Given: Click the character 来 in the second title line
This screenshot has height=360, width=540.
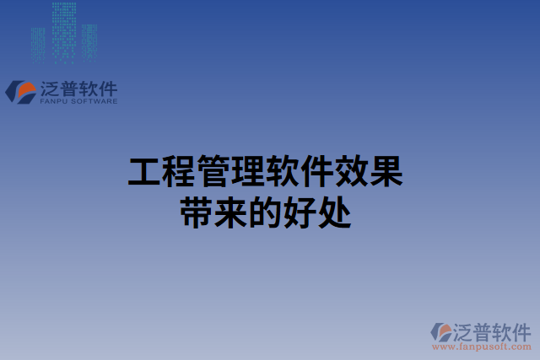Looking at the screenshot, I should (230, 210).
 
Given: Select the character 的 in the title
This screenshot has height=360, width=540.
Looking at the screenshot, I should (265, 210).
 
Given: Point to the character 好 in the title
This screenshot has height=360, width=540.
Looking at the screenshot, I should (300, 210).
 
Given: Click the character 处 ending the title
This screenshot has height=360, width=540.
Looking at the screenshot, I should (334, 210).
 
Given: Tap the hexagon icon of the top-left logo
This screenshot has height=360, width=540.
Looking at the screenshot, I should (19, 91).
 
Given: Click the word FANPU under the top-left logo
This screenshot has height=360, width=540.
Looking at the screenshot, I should (54, 101).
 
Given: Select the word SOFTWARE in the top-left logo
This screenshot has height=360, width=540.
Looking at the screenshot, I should (94, 101).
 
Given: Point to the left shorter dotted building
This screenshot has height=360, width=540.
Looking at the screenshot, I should (38, 44).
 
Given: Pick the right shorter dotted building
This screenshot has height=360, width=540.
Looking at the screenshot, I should (90, 42).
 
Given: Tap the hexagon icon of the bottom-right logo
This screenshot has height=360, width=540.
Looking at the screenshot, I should (440, 331).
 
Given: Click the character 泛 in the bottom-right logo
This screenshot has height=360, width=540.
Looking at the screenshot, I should (465, 330).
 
